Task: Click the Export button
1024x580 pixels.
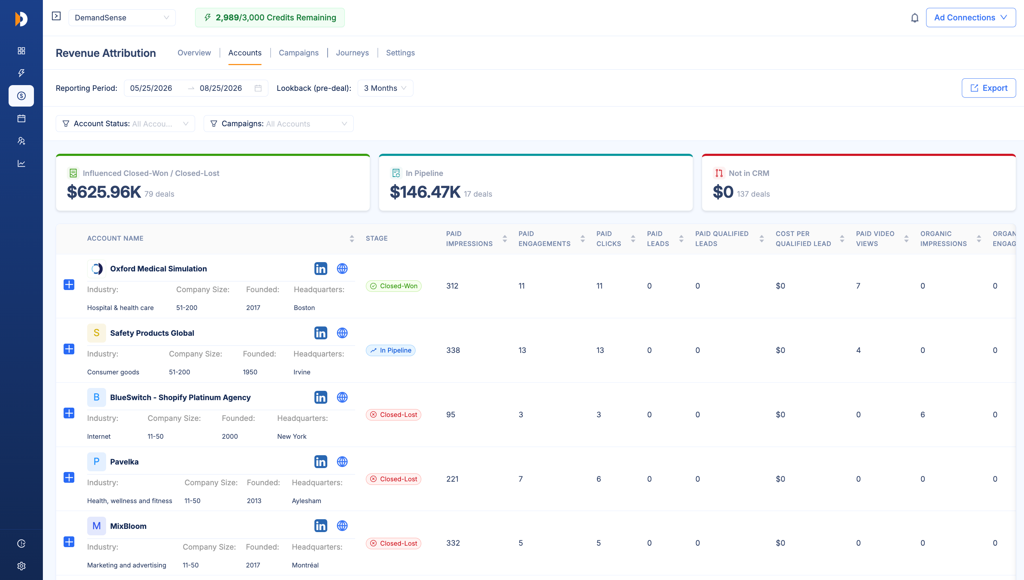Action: click(x=989, y=88)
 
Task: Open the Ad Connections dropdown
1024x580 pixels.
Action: click(x=971, y=18)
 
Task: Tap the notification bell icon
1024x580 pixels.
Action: click(x=915, y=18)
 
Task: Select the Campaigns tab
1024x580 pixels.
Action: click(x=298, y=53)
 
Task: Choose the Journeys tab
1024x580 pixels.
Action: click(x=352, y=53)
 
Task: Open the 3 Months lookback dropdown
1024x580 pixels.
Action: click(x=385, y=88)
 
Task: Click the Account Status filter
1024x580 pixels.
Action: click(x=125, y=123)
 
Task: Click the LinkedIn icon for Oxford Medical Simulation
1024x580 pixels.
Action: click(x=320, y=269)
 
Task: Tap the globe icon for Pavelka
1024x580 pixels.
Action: click(x=342, y=462)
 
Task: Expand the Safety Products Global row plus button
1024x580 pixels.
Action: click(x=69, y=349)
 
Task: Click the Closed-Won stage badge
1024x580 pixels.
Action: click(x=394, y=286)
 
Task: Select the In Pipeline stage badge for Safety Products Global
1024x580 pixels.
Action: click(x=391, y=350)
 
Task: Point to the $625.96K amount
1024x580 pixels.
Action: click(x=104, y=192)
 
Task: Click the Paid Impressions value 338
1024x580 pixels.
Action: click(x=453, y=350)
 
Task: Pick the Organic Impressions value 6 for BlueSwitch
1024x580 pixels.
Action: click(x=923, y=415)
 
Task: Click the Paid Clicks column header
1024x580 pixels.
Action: click(x=608, y=239)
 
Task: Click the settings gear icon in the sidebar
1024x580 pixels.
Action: click(x=21, y=566)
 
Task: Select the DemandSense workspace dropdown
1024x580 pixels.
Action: click(x=122, y=18)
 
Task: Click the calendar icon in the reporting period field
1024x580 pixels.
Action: click(x=258, y=88)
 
